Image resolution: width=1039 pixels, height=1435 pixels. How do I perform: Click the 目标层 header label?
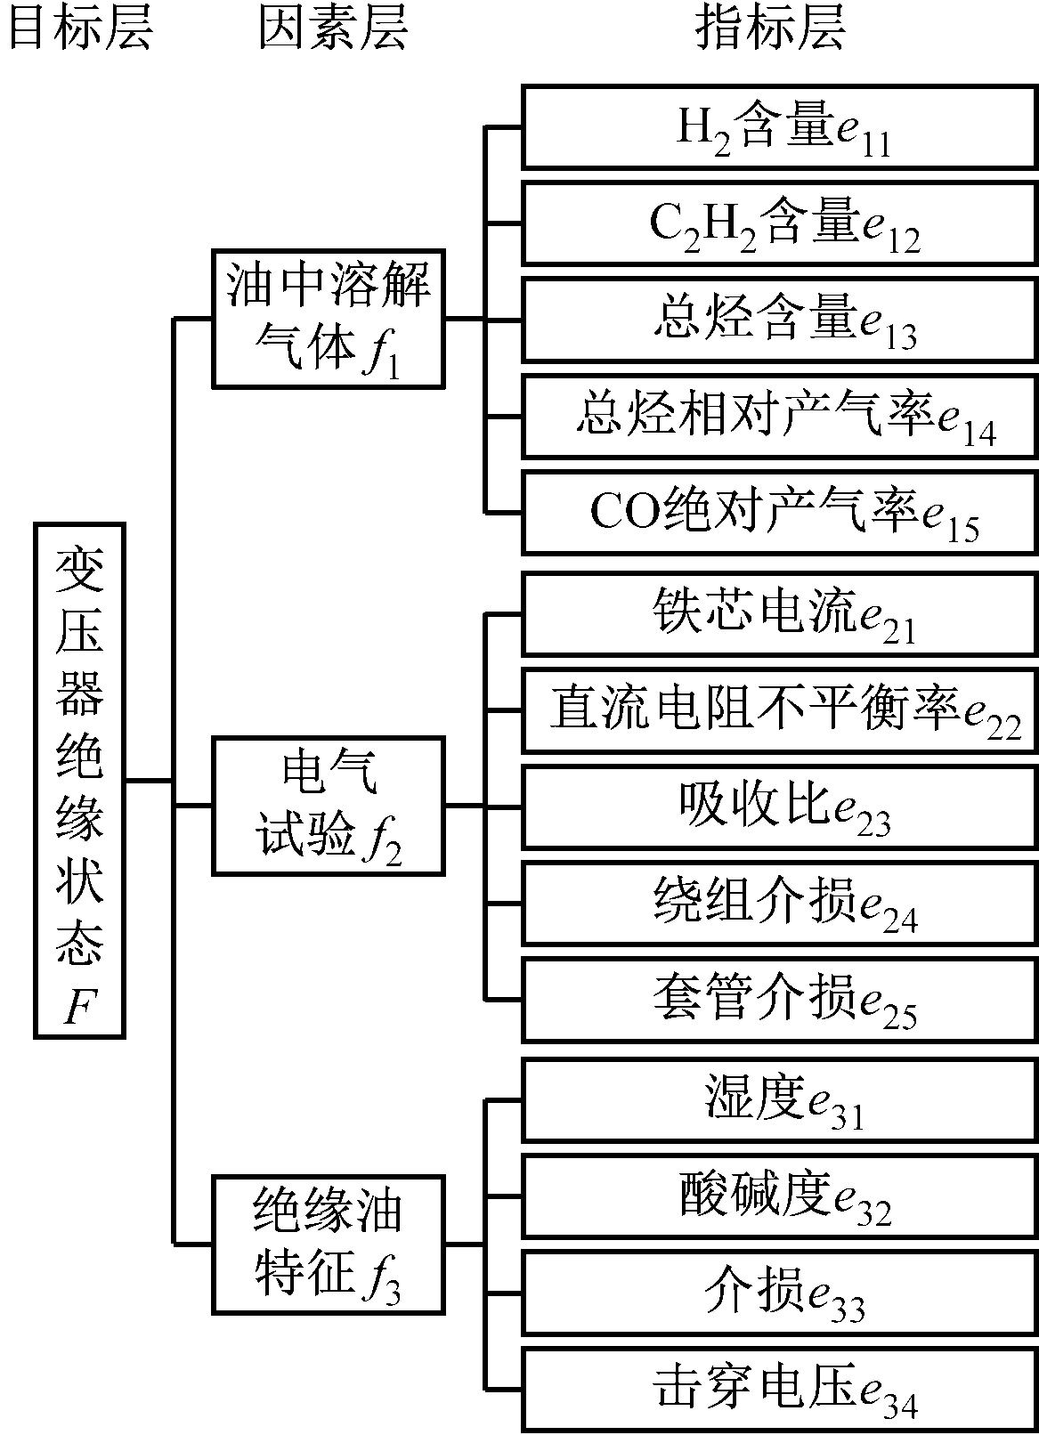coord(80,28)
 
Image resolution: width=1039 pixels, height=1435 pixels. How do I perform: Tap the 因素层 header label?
coord(333,28)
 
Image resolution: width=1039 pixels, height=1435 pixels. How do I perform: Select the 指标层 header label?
coord(769,28)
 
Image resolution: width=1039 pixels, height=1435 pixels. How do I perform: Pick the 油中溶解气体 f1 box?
coord(328,319)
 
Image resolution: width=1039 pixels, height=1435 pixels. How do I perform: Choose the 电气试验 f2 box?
coord(328,806)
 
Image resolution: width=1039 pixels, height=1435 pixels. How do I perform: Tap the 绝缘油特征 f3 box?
coord(328,1244)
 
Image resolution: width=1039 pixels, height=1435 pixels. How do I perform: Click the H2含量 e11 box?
coord(780,127)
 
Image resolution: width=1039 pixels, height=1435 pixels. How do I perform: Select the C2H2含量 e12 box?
coord(780,223)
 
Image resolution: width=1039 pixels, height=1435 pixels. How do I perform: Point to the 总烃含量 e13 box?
coord(780,320)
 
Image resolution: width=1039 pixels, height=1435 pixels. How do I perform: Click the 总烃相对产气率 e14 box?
coord(780,417)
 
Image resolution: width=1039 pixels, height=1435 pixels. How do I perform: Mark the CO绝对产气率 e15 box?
coord(780,514)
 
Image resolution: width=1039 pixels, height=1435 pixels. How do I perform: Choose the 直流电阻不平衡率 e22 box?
coord(780,711)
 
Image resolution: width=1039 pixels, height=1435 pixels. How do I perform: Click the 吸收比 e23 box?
coord(780,807)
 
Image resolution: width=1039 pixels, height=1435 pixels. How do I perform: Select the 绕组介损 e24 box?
coord(780,904)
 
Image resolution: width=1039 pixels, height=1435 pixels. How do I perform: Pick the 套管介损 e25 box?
coord(780,1001)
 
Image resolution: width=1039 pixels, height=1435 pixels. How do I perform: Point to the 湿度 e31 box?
coord(780,1100)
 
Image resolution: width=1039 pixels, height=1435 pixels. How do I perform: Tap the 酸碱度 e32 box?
coord(780,1196)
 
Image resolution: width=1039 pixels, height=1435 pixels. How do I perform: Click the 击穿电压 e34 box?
coord(780,1390)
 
